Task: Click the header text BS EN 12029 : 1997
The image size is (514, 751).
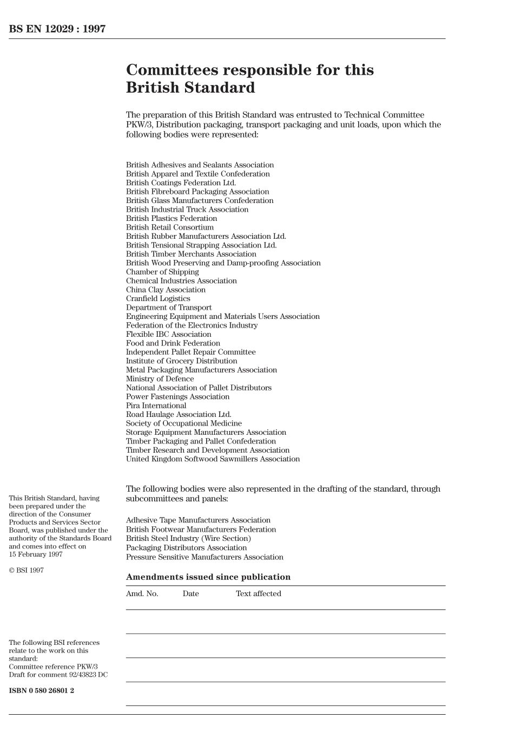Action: [57, 29]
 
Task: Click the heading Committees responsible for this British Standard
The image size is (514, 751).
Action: [249, 79]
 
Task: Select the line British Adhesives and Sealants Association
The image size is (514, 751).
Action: [200, 165]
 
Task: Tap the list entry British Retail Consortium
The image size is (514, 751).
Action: [169, 227]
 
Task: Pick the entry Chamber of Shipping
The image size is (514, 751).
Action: [162, 272]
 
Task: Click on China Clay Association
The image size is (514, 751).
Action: [166, 290]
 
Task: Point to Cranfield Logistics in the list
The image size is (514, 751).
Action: [158, 299]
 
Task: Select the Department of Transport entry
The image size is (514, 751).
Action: [169, 308]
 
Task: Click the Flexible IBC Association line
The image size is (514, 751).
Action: [168, 334]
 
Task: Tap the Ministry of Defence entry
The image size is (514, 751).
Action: [160, 379]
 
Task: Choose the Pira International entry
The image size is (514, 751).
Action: [156, 406]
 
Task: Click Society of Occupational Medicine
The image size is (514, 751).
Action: [183, 423]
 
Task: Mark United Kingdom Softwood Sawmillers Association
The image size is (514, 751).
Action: [213, 459]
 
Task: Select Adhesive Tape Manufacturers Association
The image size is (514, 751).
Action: [198, 520]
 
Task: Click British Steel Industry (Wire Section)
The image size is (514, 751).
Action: [188, 539]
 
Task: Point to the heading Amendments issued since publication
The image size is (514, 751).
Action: [208, 577]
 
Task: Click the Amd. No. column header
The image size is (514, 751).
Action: [142, 594]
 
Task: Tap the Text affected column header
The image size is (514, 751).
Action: [258, 594]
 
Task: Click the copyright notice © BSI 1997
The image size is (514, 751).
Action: [26, 571]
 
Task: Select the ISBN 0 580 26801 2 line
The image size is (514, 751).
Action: [41, 690]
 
